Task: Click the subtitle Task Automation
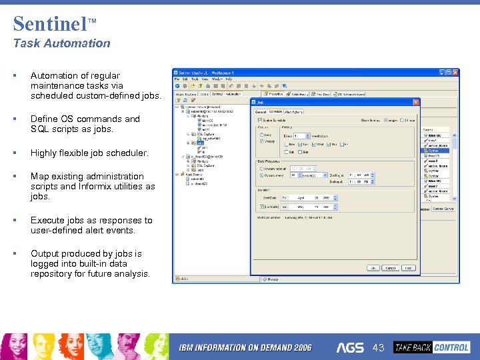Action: (62, 43)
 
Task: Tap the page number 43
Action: (379, 347)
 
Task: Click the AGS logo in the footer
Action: (350, 347)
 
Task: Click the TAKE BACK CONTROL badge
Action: (431, 347)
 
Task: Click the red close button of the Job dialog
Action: (416, 102)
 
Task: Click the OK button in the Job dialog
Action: (373, 268)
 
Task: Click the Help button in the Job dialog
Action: (409, 268)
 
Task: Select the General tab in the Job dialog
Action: (260, 112)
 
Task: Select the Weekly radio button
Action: (261, 141)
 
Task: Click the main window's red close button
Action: (455, 72)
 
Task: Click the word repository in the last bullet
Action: (52, 274)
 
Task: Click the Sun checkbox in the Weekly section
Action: (303, 152)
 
